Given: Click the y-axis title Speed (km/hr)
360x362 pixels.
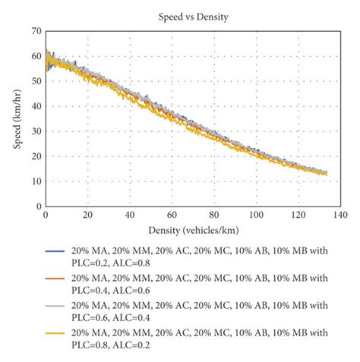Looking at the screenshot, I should [17, 118].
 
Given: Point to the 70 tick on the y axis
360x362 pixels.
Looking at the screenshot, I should [35, 31].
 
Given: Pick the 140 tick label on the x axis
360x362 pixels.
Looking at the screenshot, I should [333, 215].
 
